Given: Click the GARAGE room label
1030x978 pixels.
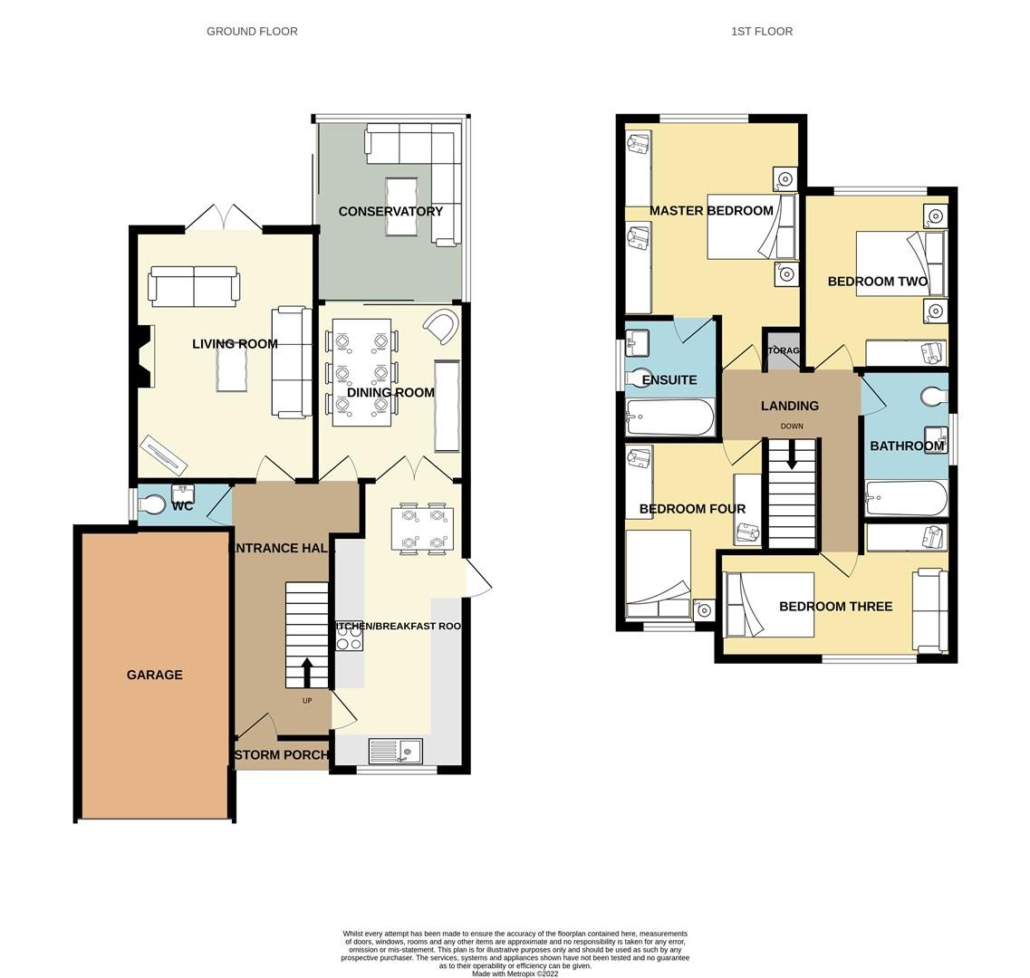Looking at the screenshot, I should [154, 675].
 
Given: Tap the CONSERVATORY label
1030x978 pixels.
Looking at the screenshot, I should [390, 211].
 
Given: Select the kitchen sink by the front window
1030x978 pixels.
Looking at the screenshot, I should [396, 751].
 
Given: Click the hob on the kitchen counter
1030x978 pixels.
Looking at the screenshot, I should [350, 637].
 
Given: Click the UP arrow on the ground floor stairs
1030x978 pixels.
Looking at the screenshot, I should [307, 673].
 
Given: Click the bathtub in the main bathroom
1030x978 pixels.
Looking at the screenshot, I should [907, 498].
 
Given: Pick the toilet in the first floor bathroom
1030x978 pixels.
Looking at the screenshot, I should [934, 396].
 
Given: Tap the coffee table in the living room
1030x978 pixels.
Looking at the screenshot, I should [231, 370].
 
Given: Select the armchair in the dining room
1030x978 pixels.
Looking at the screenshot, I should [442, 326].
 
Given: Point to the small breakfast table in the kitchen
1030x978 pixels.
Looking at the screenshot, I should [423, 528].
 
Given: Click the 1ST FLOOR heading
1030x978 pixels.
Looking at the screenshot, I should [762, 31].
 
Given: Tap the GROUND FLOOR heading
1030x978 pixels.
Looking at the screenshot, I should [252, 31].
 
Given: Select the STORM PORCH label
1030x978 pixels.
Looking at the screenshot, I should [281, 754].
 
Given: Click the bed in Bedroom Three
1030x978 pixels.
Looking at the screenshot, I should [769, 605].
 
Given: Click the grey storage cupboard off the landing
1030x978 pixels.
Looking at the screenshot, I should [782, 350].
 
